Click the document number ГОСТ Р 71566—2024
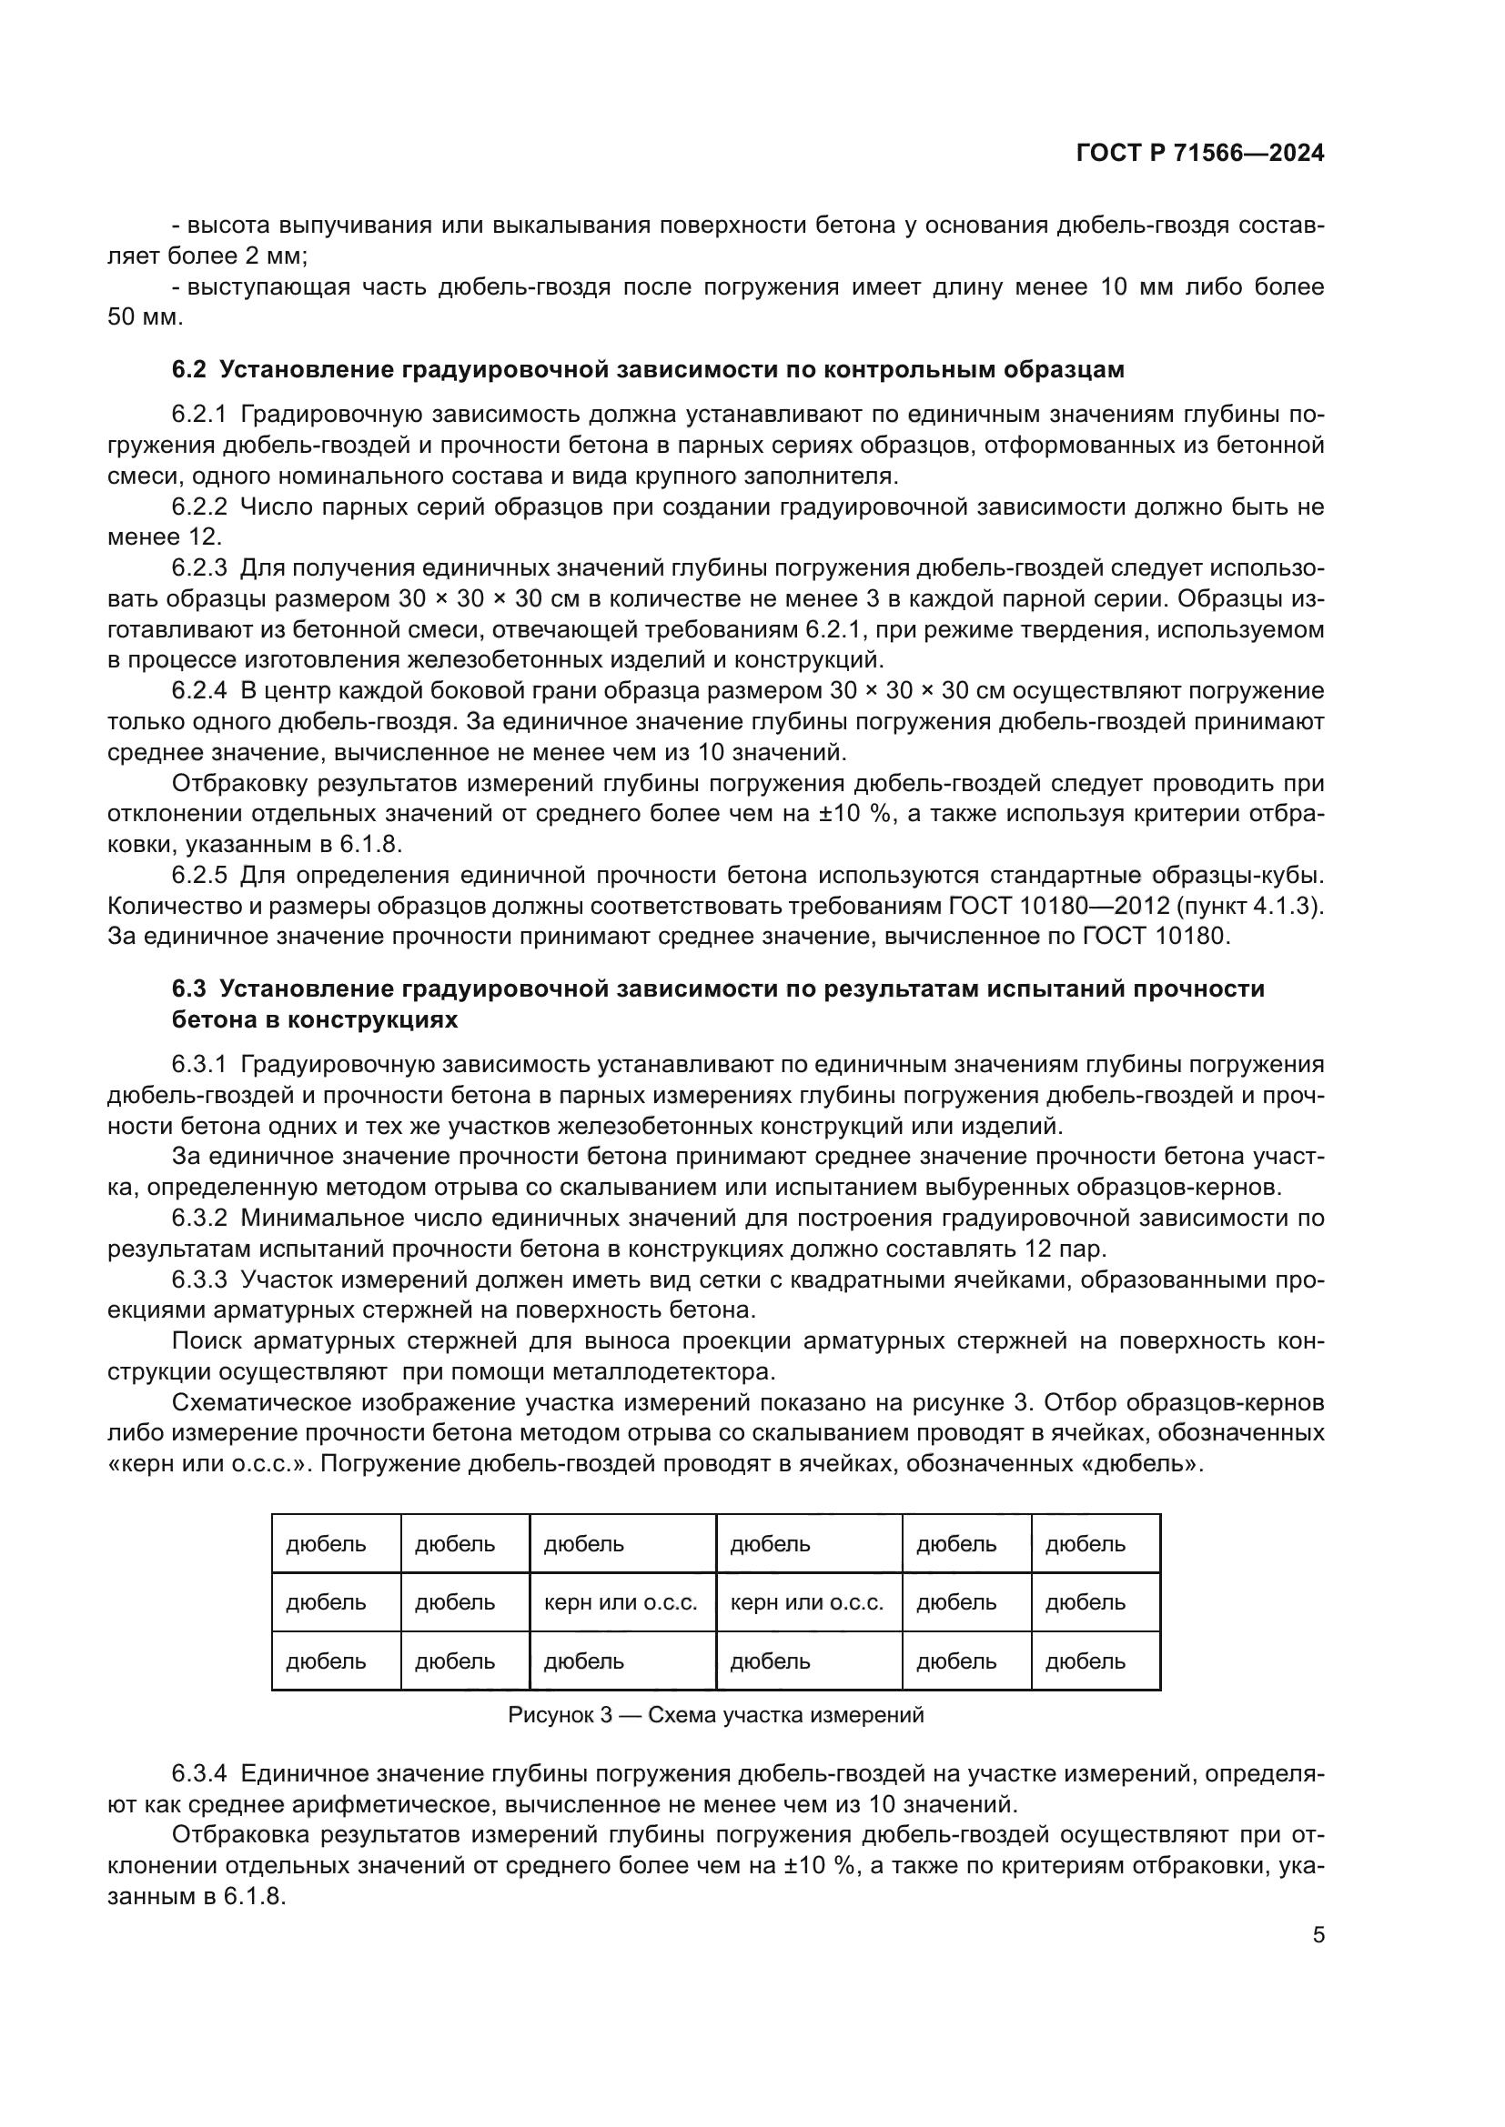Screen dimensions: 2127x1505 (x=1199, y=154)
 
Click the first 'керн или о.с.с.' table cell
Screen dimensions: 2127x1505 (x=621, y=1602)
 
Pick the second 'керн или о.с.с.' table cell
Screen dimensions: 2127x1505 (x=807, y=1602)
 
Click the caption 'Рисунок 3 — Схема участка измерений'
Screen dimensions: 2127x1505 (x=715, y=1715)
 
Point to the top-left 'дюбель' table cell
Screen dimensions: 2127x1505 (x=327, y=1544)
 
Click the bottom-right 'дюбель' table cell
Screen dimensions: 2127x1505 (x=1086, y=1661)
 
